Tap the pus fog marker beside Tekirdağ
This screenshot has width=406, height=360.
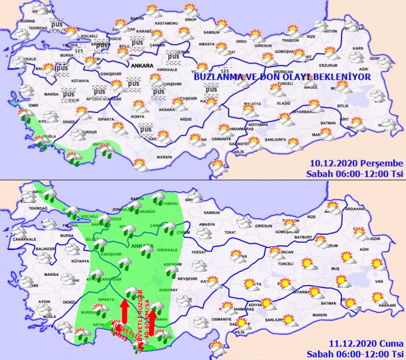point(56,24)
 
